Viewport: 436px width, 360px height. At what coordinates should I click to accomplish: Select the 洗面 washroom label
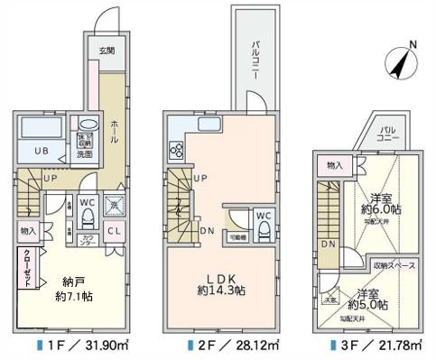(86, 153)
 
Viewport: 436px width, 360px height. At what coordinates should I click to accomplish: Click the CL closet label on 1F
(116, 230)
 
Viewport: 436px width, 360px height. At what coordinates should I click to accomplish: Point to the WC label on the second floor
(261, 216)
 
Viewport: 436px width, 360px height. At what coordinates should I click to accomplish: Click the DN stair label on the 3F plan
(327, 245)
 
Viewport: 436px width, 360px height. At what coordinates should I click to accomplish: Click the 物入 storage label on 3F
(333, 165)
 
